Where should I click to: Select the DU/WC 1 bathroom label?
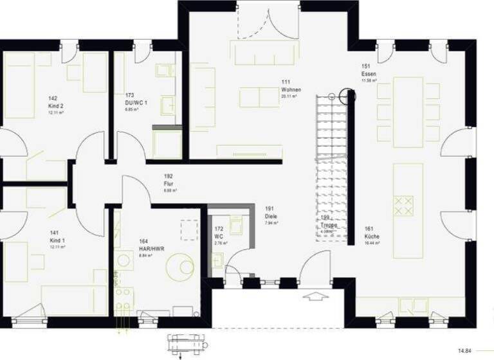(x=136, y=102)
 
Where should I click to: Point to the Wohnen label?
(x=287, y=89)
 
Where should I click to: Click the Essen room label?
(x=369, y=74)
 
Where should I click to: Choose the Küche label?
(x=372, y=237)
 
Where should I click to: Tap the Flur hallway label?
(x=169, y=183)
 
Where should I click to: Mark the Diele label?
(x=271, y=216)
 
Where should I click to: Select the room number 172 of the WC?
(x=219, y=228)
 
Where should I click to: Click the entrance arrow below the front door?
(x=316, y=297)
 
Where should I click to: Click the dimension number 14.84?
(x=464, y=350)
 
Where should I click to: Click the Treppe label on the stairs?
(x=330, y=225)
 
